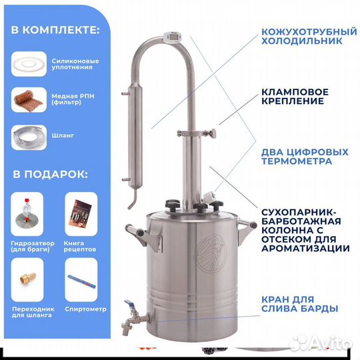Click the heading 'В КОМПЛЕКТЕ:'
click(x=55, y=30)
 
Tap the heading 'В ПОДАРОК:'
click(x=49, y=175)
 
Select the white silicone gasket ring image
click(x=30, y=63)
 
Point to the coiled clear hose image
click(x=31, y=135)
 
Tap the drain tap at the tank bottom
click(x=129, y=321)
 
